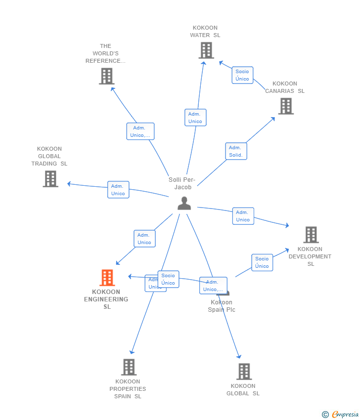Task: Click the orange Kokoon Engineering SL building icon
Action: pos(107,278)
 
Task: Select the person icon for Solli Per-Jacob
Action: pos(184,203)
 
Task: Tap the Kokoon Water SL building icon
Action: pos(206,50)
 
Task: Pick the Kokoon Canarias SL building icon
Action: pos(285,106)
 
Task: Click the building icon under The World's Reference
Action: pos(106,76)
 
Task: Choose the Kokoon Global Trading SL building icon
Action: pos(50,179)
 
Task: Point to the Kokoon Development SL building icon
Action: pos(311,235)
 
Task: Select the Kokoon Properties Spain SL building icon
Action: pos(129,367)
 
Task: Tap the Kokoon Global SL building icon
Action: pos(244,372)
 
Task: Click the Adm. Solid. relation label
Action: pos(236,151)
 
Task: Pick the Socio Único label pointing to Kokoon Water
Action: pos(242,75)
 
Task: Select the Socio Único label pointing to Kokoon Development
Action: pos(262,262)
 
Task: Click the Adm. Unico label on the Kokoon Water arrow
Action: pos(195,118)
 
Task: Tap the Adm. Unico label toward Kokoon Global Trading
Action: pos(118,190)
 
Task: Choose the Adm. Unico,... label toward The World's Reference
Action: pos(140,131)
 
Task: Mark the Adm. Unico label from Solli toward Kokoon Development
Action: pos(243,216)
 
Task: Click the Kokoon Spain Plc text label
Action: pos(222,306)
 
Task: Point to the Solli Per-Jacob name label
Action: pos(182,183)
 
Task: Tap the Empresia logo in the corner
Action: pos(341,415)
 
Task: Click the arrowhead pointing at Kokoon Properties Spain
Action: pos(132,352)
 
